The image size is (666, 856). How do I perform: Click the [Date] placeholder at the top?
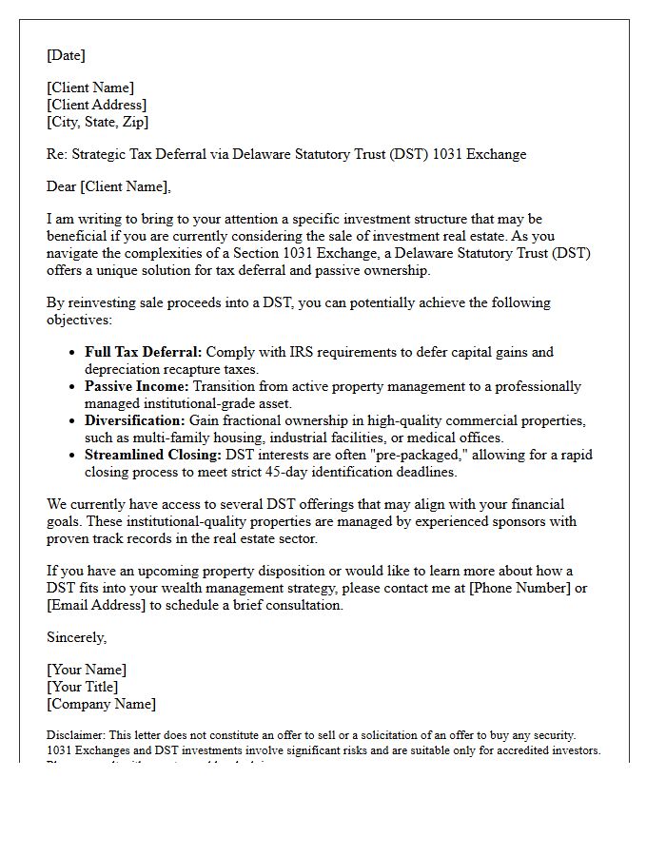click(x=66, y=55)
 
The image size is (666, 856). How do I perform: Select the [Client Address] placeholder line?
click(x=96, y=105)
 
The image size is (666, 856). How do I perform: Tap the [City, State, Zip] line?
click(x=97, y=122)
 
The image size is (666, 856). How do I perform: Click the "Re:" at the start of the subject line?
click(x=57, y=154)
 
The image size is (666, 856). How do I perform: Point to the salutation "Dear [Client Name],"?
click(x=108, y=186)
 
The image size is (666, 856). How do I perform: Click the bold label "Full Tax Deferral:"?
click(x=144, y=352)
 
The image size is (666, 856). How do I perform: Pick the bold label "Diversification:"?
click(x=135, y=420)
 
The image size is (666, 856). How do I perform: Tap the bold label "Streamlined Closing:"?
click(x=151, y=455)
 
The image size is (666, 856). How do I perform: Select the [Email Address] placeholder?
click(x=95, y=605)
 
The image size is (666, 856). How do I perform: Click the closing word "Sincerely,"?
click(x=76, y=637)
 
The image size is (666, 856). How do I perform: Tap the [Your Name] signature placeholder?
click(x=86, y=670)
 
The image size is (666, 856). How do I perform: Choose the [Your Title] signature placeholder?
click(x=82, y=687)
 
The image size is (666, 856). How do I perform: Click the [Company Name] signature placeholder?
click(x=101, y=704)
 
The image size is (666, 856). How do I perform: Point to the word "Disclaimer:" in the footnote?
click(x=75, y=735)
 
